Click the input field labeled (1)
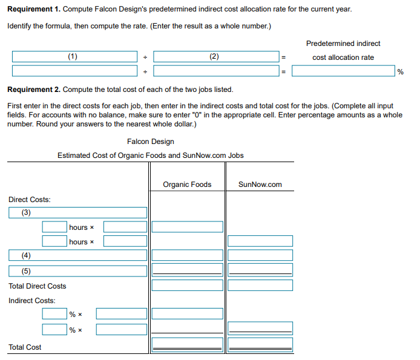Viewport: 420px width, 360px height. (74, 56)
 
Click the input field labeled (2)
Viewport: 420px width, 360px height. (215, 56)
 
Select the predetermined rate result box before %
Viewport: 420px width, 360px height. (343, 71)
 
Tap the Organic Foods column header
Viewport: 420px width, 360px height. (187, 185)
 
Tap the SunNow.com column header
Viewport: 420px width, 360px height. (260, 185)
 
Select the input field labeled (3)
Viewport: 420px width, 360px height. (78, 212)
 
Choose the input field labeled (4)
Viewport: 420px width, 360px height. (78, 255)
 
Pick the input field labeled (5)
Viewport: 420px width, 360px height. (78, 270)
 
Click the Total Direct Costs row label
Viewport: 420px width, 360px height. (38, 286)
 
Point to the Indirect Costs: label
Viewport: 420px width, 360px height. (31, 301)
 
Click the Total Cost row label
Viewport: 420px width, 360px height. (25, 347)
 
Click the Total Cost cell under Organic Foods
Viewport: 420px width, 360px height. (187, 344)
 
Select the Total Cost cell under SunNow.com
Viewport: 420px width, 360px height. (260, 344)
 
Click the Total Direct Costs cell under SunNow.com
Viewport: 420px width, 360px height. (260, 285)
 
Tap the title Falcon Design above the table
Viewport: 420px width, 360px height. (151, 142)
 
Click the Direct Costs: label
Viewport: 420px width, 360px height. (30, 200)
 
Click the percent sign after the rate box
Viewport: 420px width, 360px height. (401, 72)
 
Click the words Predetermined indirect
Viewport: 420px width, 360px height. (343, 44)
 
